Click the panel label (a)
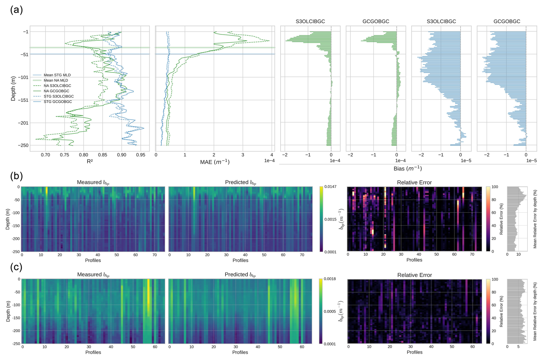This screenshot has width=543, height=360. [16, 10]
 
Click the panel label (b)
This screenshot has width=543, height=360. [16, 176]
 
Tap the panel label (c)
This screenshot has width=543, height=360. [16, 267]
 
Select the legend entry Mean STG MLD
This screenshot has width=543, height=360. [57, 75]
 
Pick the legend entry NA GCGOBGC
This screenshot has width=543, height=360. [56, 91]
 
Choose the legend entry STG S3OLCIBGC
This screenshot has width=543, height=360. [59, 96]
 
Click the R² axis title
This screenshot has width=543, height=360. [90, 162]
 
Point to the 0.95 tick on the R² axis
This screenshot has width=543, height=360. [141, 155]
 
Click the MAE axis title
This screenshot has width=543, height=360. [215, 162]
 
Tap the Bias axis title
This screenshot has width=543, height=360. [408, 169]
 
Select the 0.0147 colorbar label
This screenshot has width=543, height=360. [330, 187]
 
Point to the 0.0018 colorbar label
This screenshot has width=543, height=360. [330, 279]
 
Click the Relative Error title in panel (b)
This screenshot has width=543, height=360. [414, 183]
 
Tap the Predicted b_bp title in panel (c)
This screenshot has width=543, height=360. [240, 275]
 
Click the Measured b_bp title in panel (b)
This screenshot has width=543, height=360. [93, 183]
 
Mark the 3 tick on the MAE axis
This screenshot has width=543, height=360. [243, 155]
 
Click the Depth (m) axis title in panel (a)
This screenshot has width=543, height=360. [13, 88]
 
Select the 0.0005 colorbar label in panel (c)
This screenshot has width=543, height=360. [330, 311]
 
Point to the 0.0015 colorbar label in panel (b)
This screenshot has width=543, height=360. [330, 219]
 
